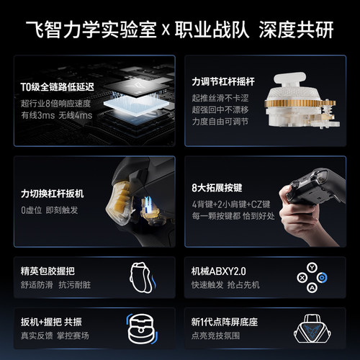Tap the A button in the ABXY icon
pyautogui.click(x=311, y=288)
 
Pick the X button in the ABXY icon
pyautogui.click(x=300, y=277)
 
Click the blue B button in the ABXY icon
pyautogui.click(x=323, y=277)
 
